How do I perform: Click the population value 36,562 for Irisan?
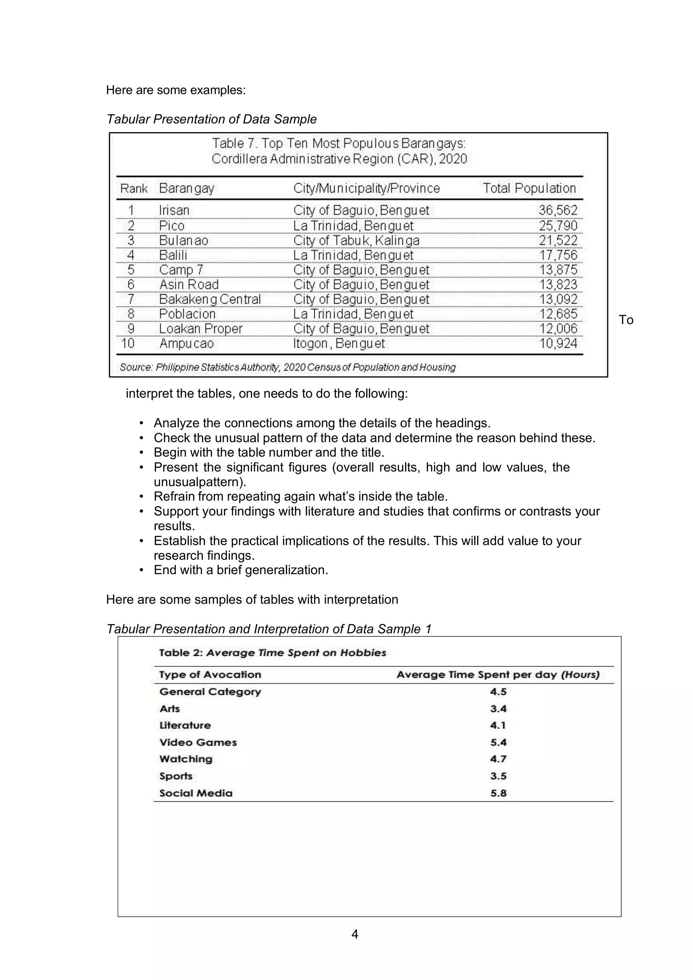click(558, 210)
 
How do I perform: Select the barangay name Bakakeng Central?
click(210, 299)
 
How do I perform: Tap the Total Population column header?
click(529, 188)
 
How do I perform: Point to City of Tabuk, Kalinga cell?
click(356, 241)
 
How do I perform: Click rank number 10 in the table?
click(128, 344)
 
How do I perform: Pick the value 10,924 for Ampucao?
click(558, 344)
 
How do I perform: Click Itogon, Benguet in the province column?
click(339, 344)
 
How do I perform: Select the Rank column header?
click(134, 188)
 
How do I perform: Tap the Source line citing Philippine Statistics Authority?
click(287, 367)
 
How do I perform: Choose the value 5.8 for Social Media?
click(498, 793)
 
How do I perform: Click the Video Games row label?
click(198, 742)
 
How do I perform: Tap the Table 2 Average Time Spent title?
click(272, 653)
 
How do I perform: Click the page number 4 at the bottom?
click(354, 934)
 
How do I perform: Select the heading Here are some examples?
click(176, 90)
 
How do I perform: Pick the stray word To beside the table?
click(626, 320)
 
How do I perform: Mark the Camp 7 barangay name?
click(181, 270)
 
